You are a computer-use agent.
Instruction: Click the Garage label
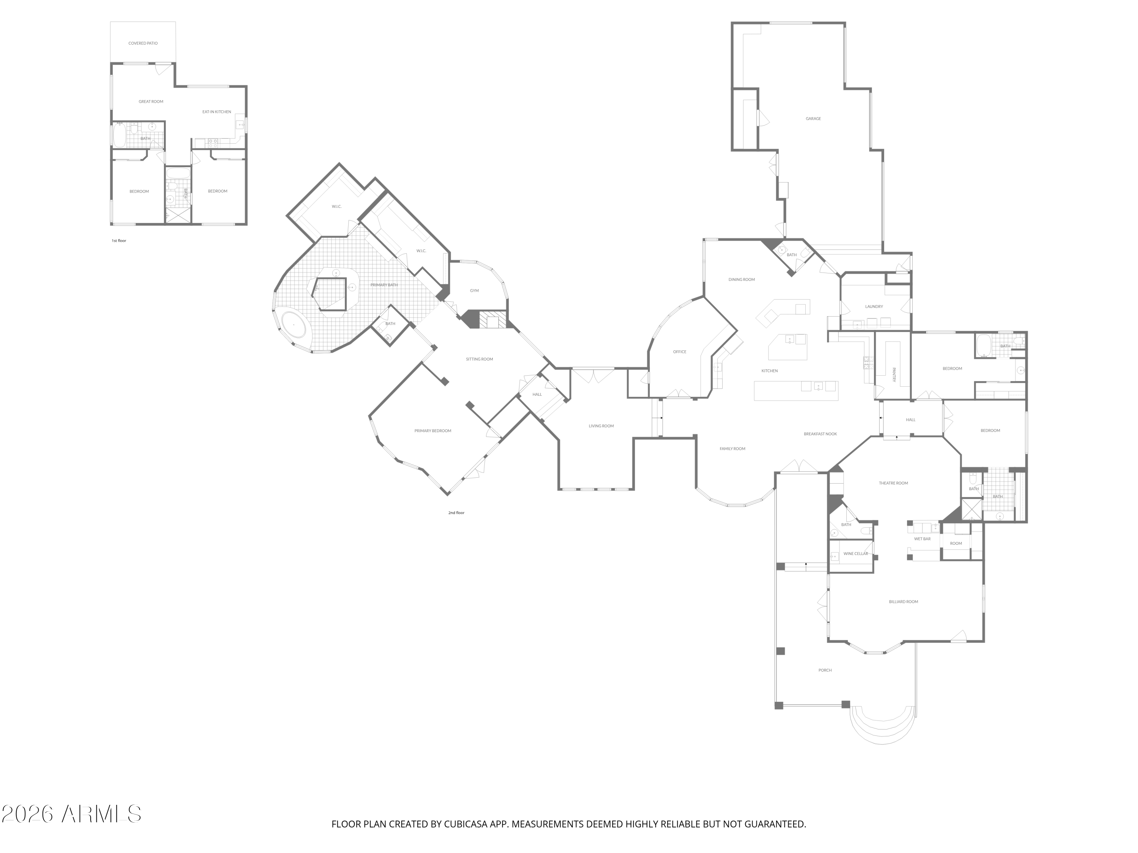[x=813, y=119]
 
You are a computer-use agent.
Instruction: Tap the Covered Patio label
[x=143, y=44]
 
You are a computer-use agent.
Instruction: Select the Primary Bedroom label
[x=433, y=431]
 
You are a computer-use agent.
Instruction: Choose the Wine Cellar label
[x=855, y=554]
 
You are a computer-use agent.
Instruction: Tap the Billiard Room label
[x=904, y=602]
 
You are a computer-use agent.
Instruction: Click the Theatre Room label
[x=893, y=483]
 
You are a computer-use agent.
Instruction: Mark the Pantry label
[x=894, y=375]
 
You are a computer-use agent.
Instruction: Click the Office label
[x=680, y=352]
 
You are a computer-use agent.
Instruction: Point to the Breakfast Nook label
[x=820, y=434]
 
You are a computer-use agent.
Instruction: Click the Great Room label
[x=151, y=102]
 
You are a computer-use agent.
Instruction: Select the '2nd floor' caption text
[x=456, y=513]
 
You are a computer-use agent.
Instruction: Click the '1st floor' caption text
[x=119, y=241]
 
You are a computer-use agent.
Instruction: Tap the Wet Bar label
[x=922, y=539]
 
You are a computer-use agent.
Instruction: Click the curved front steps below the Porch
[x=883, y=730]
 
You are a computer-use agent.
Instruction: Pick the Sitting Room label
[x=479, y=359]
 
